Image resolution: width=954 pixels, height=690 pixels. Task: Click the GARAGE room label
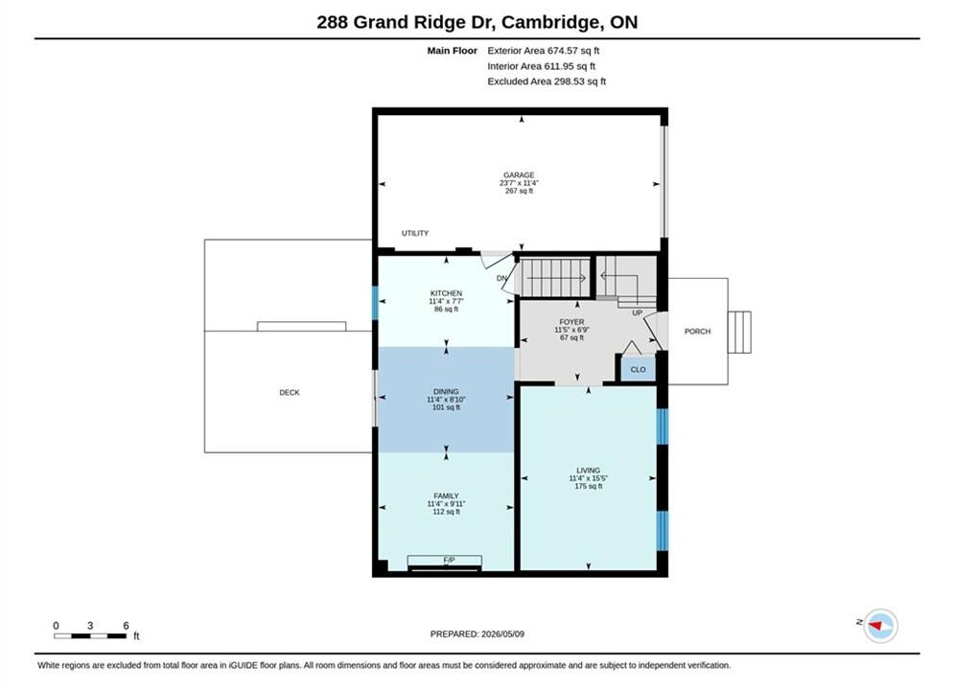[x=519, y=175]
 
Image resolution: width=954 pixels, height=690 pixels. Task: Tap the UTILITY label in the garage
[x=415, y=233]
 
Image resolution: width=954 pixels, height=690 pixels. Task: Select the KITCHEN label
[x=446, y=293]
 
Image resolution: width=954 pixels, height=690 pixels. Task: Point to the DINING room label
[x=446, y=392]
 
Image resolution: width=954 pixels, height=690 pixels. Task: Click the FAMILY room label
[x=446, y=496]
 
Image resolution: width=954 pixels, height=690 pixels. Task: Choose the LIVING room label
[x=589, y=471]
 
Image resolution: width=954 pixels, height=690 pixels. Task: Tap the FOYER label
[x=571, y=322]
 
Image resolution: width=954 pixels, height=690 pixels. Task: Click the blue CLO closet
[x=638, y=369]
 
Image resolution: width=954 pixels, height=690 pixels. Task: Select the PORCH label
[x=697, y=332]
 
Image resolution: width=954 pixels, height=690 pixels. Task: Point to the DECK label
[x=290, y=393]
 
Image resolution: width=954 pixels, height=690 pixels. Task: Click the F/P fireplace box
[x=445, y=562]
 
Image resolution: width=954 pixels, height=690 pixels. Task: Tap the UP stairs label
[x=637, y=313]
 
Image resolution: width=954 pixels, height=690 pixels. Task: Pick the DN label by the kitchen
[x=502, y=279]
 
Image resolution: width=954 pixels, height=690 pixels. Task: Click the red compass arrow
[x=875, y=625]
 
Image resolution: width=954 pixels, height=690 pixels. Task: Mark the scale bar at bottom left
[x=90, y=636]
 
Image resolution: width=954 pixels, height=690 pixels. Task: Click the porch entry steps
[x=739, y=332]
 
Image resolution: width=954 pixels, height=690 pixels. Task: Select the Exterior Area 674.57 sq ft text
[x=544, y=51]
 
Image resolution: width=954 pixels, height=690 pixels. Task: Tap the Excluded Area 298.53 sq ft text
[x=547, y=80]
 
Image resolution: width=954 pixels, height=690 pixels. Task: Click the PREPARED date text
[x=477, y=633]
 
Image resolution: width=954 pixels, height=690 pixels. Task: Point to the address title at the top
[x=477, y=22]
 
